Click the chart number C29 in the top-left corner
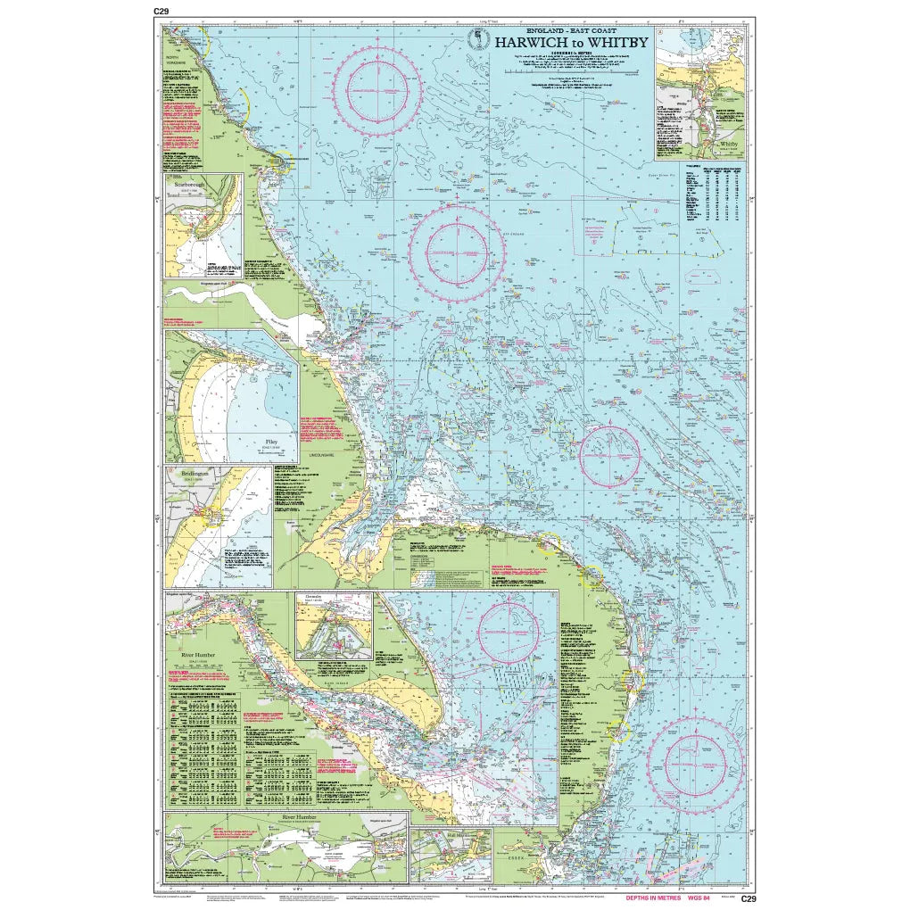pos(161,11)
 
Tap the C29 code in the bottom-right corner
pos(748,898)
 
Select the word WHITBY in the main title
pos(617,42)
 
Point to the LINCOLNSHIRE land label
pos(320,456)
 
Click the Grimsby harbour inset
pos(334,625)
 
